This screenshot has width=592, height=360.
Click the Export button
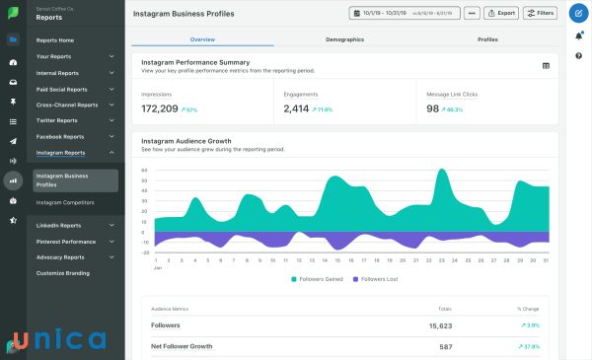pos(503,14)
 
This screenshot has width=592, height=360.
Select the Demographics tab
pos(344,39)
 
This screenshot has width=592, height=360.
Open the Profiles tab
pos(487,39)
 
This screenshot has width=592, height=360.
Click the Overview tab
pos(202,39)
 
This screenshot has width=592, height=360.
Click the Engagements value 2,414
pos(296,108)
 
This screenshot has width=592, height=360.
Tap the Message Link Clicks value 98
pos(433,108)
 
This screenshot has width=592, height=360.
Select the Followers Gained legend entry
pos(319,279)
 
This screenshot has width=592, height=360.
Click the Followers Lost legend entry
pos(378,279)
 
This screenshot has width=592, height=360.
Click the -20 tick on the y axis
pos(144,253)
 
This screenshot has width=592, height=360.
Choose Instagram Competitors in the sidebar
pos(65,202)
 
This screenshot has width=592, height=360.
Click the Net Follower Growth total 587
pos(445,347)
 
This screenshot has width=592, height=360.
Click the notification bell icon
pos(578,36)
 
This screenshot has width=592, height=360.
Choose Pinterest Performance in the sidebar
pos(66,241)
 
